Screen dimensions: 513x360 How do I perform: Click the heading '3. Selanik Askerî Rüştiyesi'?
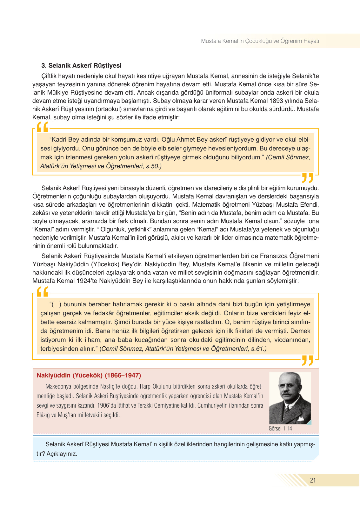pos(81,65)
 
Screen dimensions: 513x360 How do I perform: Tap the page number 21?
pos(313,480)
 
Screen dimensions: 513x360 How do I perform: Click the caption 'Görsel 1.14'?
pos(280,429)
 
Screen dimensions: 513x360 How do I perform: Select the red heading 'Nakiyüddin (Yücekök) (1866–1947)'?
pos(89,375)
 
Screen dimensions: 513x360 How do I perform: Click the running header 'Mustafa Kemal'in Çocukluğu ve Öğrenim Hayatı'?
pos(260,41)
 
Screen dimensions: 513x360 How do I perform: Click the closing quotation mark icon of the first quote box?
pos(307,177)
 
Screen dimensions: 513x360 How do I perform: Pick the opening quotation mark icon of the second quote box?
pos(42,291)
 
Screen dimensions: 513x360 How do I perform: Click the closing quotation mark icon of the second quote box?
pos(307,360)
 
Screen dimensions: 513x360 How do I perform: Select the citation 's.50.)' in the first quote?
pos(154,166)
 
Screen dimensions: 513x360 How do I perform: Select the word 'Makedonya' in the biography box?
pos(59,387)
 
